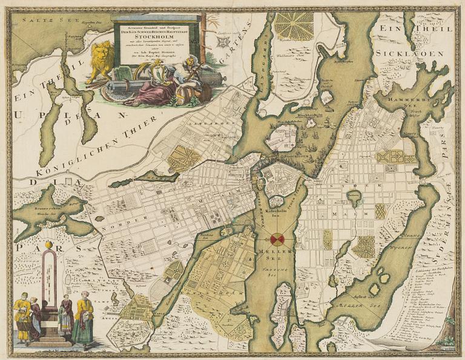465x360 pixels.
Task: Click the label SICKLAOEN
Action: click(414, 53)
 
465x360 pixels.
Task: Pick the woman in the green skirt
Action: click(83, 327)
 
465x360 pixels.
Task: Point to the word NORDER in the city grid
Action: click(120, 219)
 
